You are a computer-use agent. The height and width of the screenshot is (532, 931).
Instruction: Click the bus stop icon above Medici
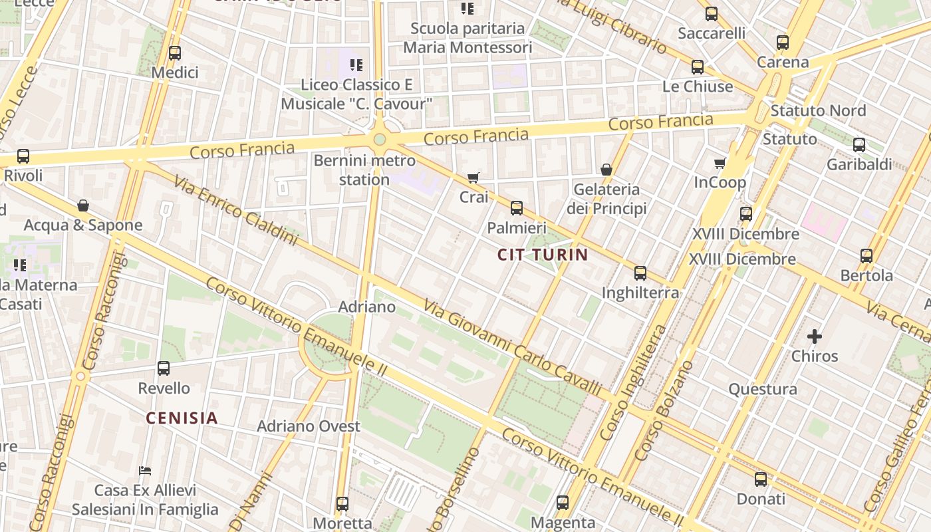tap(175, 53)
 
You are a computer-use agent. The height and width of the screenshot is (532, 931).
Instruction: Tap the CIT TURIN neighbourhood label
tap(543, 254)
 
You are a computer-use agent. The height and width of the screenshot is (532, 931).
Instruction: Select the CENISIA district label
tap(182, 418)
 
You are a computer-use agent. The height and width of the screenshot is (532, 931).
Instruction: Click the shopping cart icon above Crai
tap(473, 178)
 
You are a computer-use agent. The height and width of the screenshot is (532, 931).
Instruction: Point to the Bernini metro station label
tap(364, 170)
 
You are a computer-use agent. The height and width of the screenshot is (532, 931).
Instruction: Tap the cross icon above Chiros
tap(815, 336)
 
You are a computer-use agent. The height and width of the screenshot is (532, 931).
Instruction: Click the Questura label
tap(762, 389)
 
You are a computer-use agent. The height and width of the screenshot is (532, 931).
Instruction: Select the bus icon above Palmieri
tap(517, 208)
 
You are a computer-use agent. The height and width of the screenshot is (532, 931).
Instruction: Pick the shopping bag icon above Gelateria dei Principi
tap(606, 170)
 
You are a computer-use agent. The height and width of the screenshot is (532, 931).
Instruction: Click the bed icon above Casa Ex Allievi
tap(145, 471)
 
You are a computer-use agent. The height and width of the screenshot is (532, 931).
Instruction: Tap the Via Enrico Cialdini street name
tap(235, 211)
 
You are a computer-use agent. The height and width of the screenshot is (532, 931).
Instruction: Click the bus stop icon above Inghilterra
tap(640, 273)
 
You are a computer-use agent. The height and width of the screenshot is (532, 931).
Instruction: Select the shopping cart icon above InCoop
tap(720, 163)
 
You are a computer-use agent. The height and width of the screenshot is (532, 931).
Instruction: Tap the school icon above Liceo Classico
tap(356, 65)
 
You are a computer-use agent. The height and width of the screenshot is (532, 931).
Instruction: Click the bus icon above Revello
tap(164, 368)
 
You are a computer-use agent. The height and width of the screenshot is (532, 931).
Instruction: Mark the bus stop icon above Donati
tap(761, 479)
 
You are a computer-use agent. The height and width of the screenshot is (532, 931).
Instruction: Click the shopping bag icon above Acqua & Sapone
tap(83, 205)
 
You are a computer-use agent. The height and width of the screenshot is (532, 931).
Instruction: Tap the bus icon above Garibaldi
tap(859, 144)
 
